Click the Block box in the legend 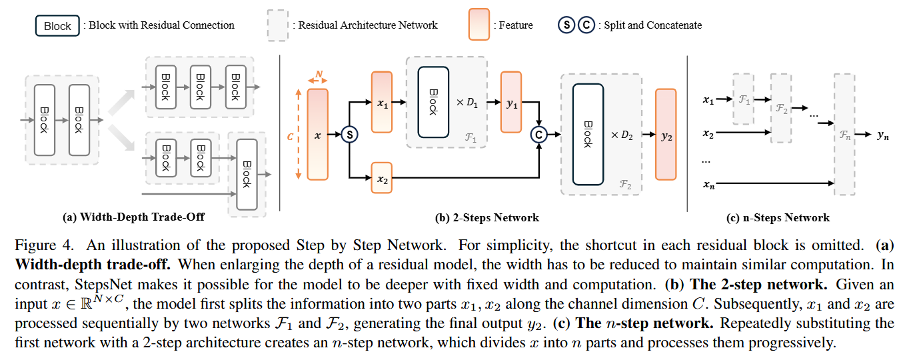coord(57,26)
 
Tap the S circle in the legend coord(566,25)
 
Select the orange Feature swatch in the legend coord(478,25)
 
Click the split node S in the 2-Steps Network coord(350,135)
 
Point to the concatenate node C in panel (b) coord(538,135)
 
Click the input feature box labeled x coord(317,135)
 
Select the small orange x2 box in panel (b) coord(381,178)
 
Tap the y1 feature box coord(511,102)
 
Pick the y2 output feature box coord(666,135)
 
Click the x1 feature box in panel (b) coord(381,102)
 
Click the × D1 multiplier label coord(467,103)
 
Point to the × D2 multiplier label coord(622,135)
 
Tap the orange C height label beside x coord(290,137)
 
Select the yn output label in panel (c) coord(883,135)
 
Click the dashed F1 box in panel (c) coord(744,99)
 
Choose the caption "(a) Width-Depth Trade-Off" coord(133,217)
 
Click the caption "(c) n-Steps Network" coord(778,217)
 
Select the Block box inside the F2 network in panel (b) coord(588,135)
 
